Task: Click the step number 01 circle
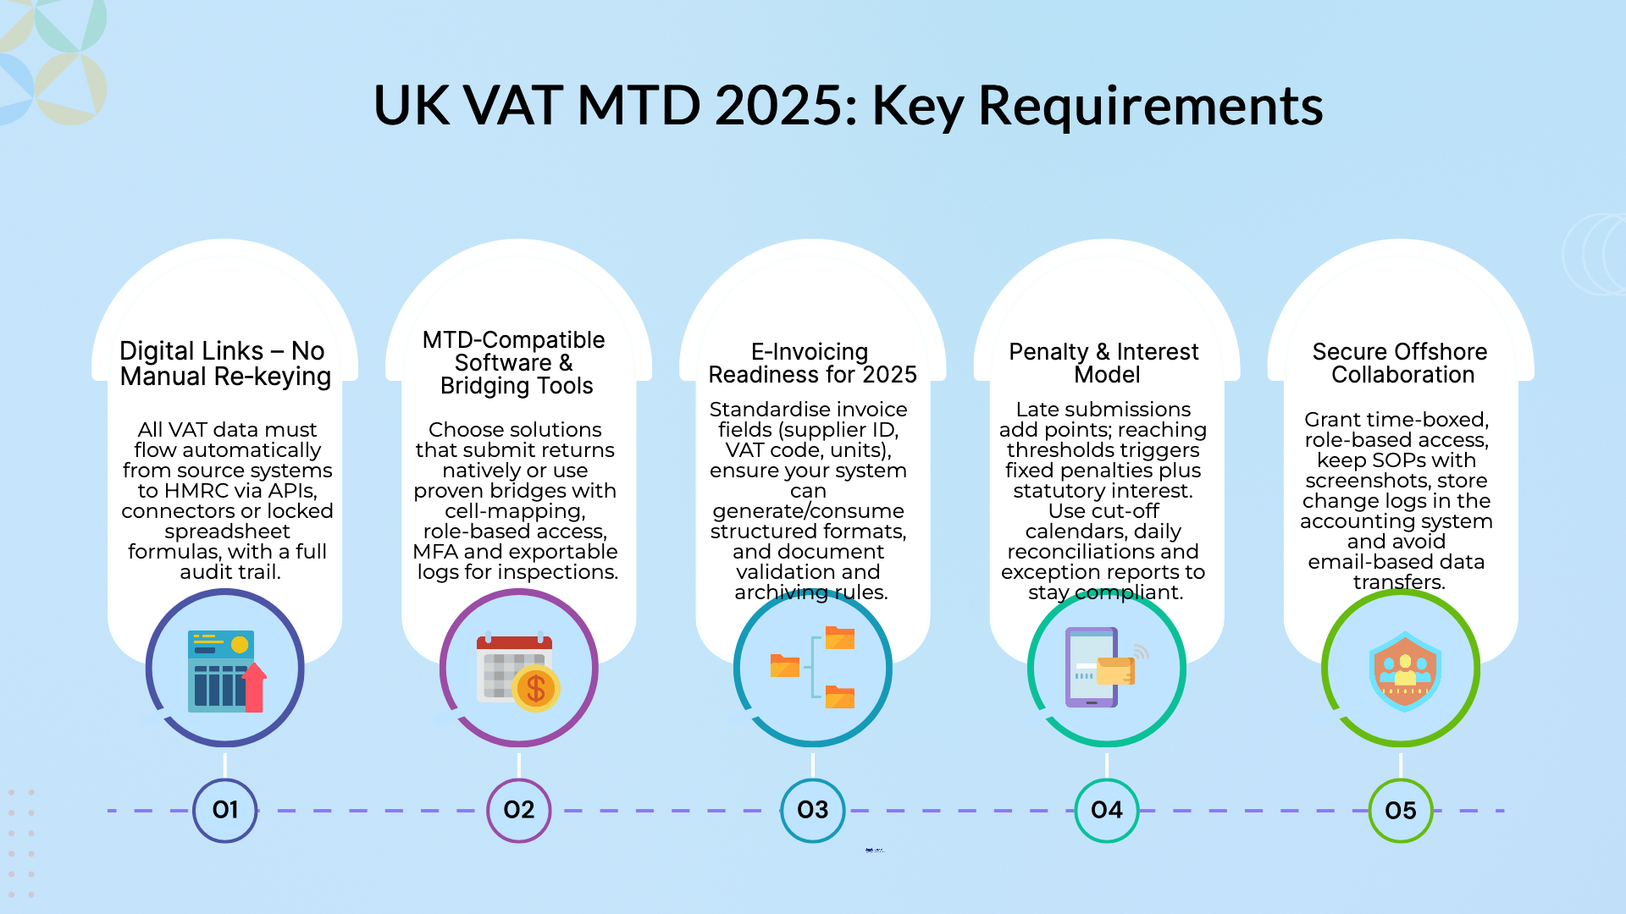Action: (x=225, y=810)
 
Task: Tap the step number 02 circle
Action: (x=519, y=810)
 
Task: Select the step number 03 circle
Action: (x=813, y=810)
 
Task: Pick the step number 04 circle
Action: (x=1107, y=810)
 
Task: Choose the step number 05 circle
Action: (x=1401, y=810)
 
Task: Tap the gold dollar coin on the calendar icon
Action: (x=536, y=688)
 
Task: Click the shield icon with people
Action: (x=1405, y=671)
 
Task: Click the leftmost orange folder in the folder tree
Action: (x=785, y=666)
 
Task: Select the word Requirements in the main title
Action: (x=1150, y=106)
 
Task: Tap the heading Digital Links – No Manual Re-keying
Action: (x=225, y=363)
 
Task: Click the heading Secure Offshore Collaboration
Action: (x=1401, y=363)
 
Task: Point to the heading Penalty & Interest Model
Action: (x=1104, y=363)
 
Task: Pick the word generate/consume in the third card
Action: (x=808, y=511)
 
